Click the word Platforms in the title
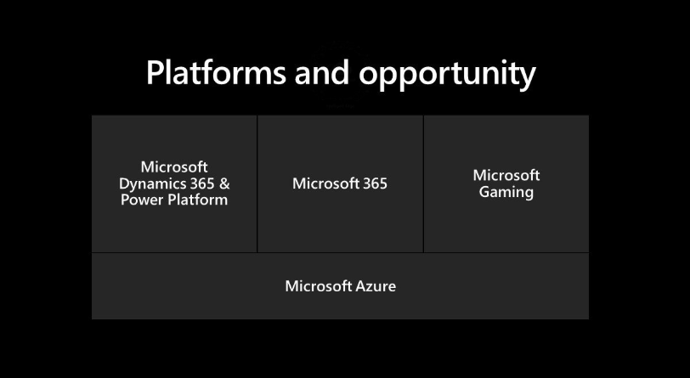216,72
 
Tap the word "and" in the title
322,72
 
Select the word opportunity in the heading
447,76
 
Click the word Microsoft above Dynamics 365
174,167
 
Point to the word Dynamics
151,184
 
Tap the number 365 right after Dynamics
202,183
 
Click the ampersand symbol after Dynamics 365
224,183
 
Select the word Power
142,200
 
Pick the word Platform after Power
197,200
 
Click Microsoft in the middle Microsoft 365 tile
325,183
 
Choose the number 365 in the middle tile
375,183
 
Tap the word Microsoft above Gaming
506,176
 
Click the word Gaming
506,193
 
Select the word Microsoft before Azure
318,286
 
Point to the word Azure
376,286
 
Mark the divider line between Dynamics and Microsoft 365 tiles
257,184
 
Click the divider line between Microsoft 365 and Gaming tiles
423,184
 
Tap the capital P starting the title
155,72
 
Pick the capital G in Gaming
484,192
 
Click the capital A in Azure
361,286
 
